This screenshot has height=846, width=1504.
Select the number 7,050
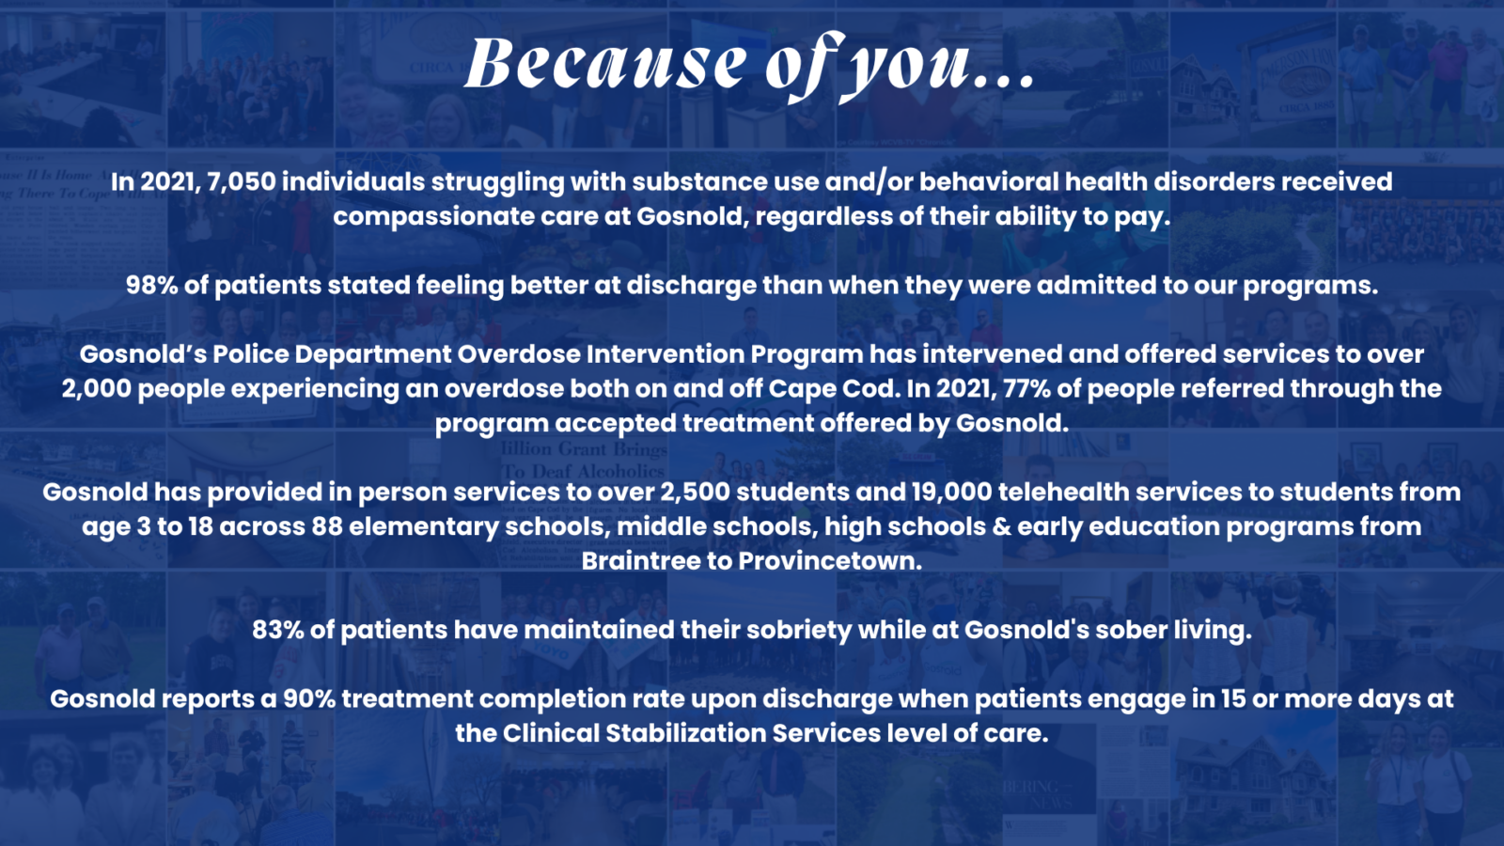242,181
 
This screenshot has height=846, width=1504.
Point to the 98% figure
151,285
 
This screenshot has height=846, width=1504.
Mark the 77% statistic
1026,388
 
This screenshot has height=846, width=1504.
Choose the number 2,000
97,388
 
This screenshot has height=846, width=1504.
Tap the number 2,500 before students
695,492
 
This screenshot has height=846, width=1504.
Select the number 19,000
951,492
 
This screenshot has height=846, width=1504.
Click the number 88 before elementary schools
327,526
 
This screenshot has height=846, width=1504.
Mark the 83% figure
278,630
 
